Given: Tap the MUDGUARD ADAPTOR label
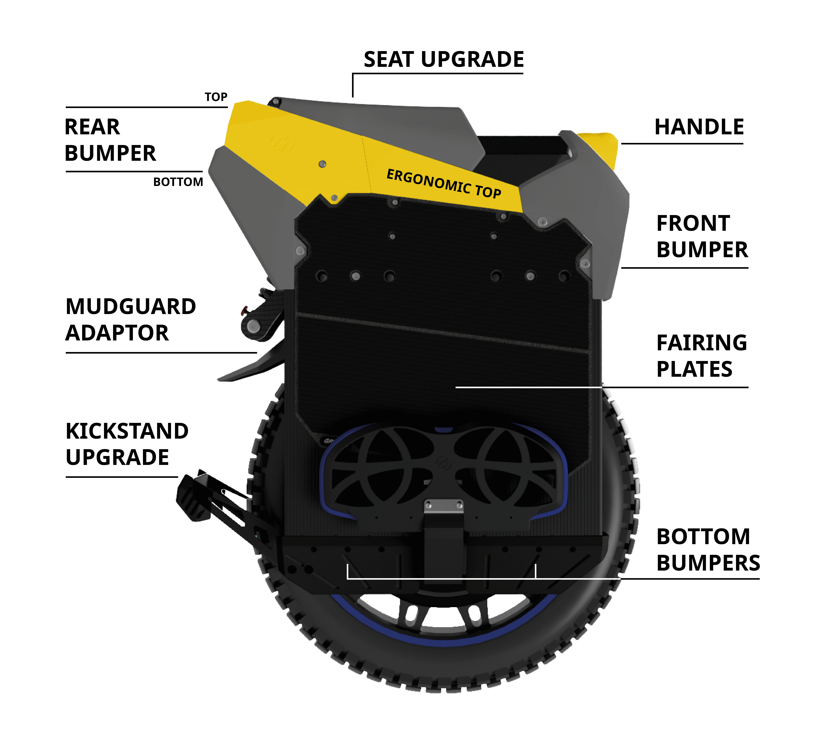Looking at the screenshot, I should (x=130, y=320).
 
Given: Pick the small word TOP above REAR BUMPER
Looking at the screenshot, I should (x=216, y=97).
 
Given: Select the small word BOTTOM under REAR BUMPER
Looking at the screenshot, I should (x=178, y=182).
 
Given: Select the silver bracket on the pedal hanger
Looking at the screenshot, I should (x=444, y=506).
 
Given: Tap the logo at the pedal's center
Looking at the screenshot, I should (x=444, y=463).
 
